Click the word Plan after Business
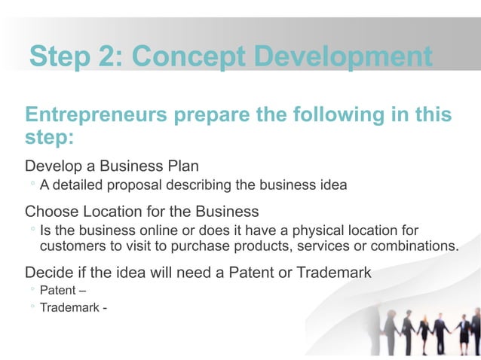coord(183,166)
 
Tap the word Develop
coord(54,166)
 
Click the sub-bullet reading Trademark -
coord(72,307)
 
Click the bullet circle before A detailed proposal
coord(32,185)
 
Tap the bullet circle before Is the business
coord(32,229)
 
